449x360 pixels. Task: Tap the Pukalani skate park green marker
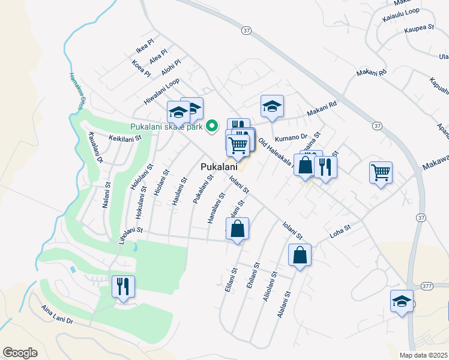point(211,126)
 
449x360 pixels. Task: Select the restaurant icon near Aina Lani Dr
point(123,287)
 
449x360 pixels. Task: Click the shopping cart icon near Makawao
point(381,173)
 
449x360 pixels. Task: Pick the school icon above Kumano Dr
point(272,107)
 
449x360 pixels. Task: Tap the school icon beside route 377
point(402,301)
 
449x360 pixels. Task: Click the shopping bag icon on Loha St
point(300,255)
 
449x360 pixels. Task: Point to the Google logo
point(20,353)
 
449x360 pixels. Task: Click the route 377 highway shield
point(427,286)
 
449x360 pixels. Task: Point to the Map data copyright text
point(424,355)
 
